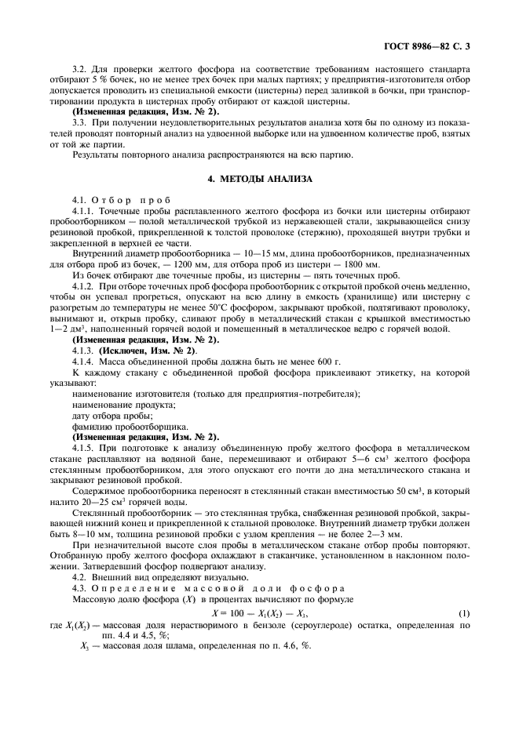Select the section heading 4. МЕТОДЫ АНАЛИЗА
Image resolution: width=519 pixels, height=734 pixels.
(x=260, y=180)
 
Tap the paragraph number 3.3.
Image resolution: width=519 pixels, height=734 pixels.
(x=80, y=122)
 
